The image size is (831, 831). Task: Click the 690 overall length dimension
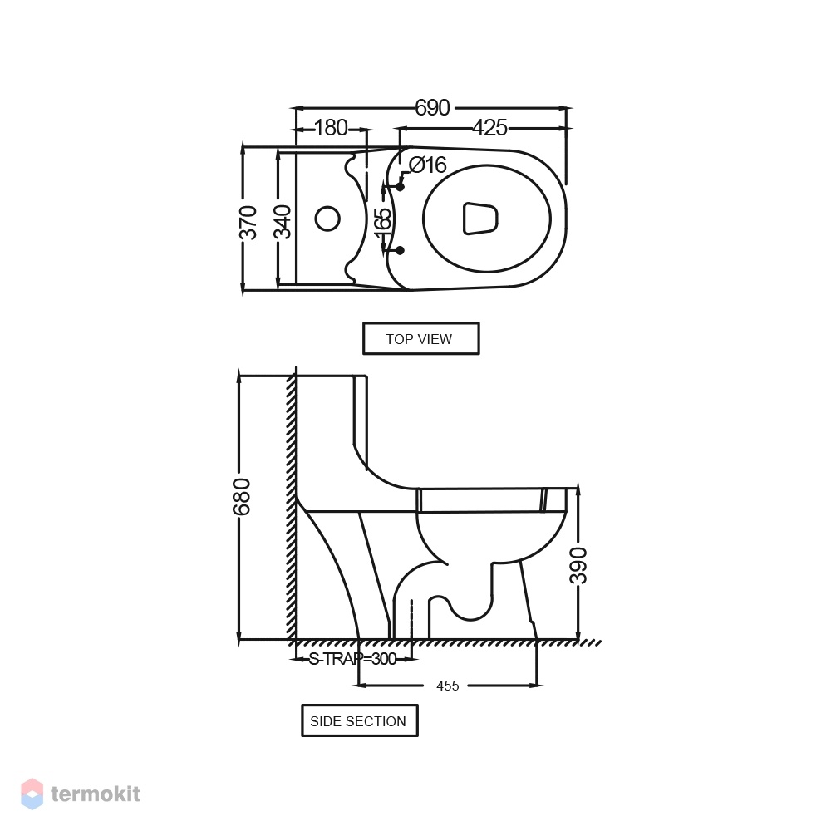click(432, 107)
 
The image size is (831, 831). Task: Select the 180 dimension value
click(331, 128)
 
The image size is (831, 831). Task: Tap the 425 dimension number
click(489, 128)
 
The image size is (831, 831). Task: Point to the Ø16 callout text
click(428, 165)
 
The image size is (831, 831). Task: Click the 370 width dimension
click(248, 222)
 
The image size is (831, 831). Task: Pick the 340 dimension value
click(283, 222)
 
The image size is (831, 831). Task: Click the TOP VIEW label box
click(420, 338)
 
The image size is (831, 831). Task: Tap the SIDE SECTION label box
click(359, 720)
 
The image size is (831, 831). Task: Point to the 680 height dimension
click(241, 497)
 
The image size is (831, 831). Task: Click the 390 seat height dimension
click(578, 565)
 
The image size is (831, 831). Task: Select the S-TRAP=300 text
click(352, 659)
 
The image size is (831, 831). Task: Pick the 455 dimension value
click(447, 686)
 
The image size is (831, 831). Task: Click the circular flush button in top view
click(327, 219)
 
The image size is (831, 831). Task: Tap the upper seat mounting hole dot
click(401, 186)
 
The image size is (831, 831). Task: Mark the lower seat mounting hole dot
click(401, 250)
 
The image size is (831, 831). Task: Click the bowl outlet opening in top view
click(480, 219)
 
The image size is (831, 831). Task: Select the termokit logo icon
click(32, 794)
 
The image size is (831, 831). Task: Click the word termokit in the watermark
click(96, 794)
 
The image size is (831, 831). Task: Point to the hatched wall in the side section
click(292, 506)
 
